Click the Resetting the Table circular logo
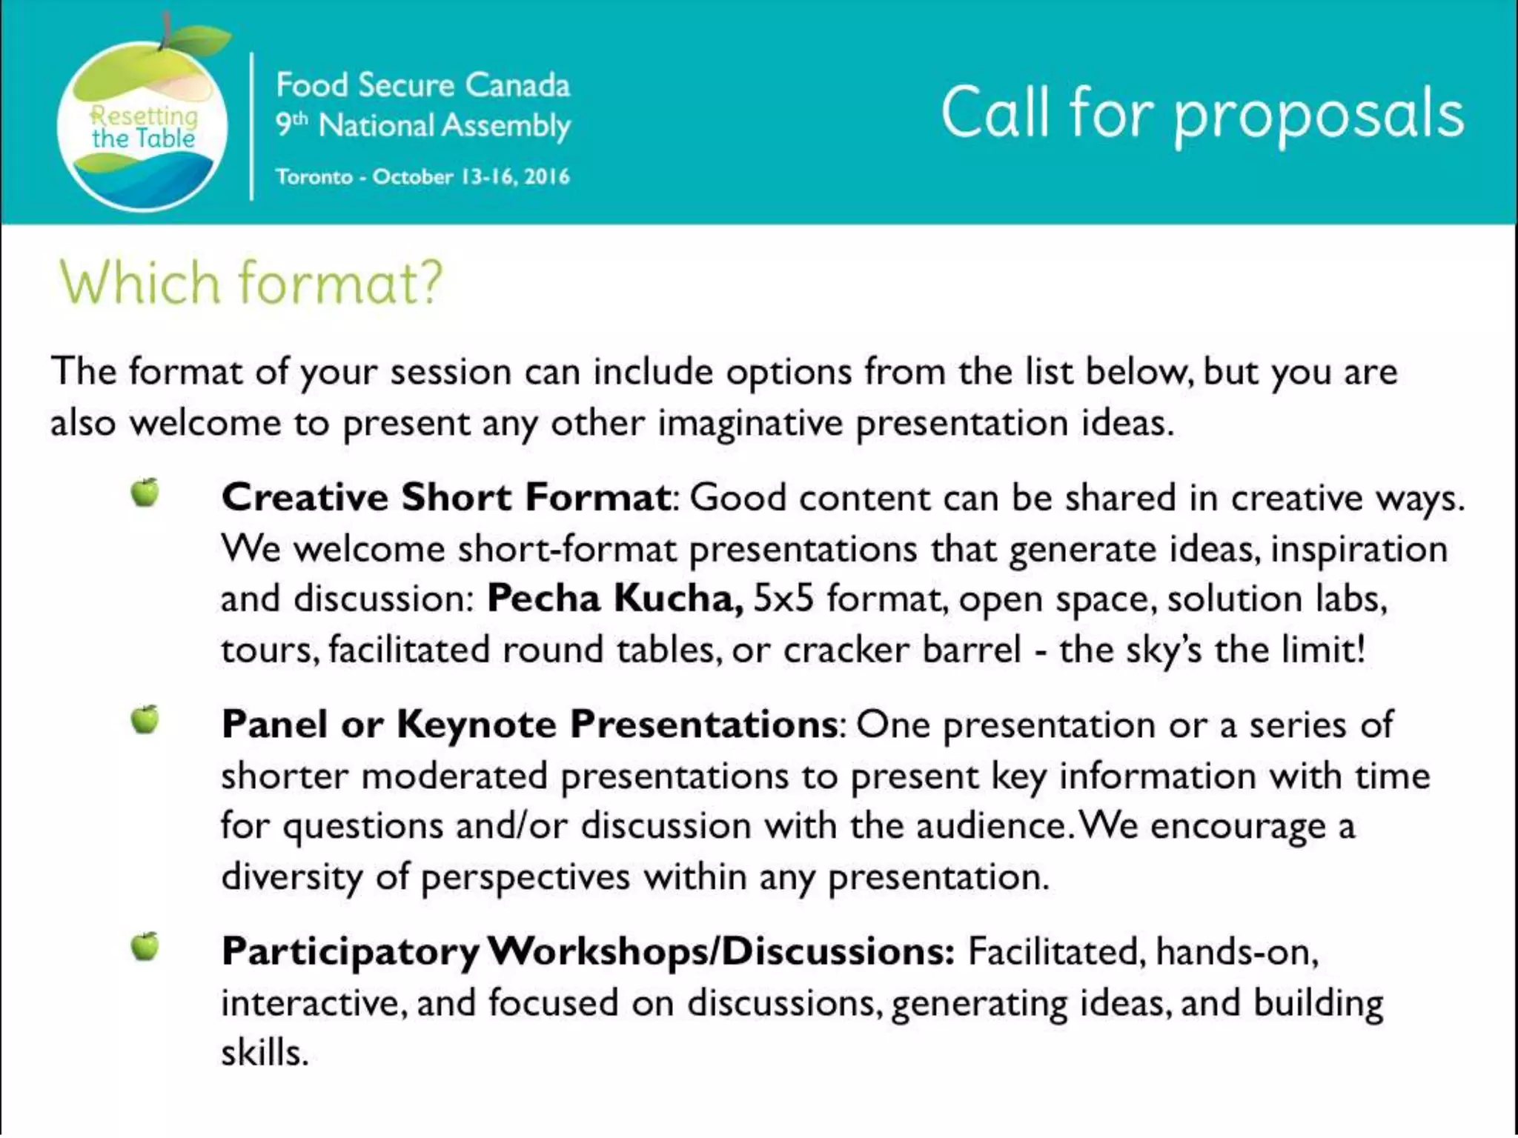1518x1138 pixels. pyautogui.click(x=142, y=126)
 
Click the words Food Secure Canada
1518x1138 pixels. pyautogui.click(x=422, y=86)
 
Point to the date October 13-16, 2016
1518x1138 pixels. pyautogui.click(x=471, y=177)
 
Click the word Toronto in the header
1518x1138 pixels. pyautogui.click(x=314, y=177)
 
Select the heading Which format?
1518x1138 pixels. pyautogui.click(x=251, y=283)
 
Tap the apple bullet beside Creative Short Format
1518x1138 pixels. pyautogui.click(x=145, y=492)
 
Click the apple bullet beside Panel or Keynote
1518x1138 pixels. pyautogui.click(x=145, y=719)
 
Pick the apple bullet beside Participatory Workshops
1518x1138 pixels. pyautogui.click(x=145, y=946)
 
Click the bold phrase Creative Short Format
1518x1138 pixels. pyautogui.click(x=446, y=497)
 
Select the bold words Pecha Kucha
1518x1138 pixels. pyautogui.click(x=614, y=599)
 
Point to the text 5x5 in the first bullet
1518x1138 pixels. pyautogui.click(x=783, y=599)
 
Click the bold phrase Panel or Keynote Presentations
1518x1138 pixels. pyautogui.click(x=529, y=725)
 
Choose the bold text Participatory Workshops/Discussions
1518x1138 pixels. pyautogui.click(x=587, y=952)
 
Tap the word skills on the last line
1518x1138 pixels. pyautogui.click(x=264, y=1053)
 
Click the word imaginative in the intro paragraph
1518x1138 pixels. pyautogui.click(x=750, y=424)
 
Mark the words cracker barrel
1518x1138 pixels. pyautogui.click(x=902, y=650)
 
